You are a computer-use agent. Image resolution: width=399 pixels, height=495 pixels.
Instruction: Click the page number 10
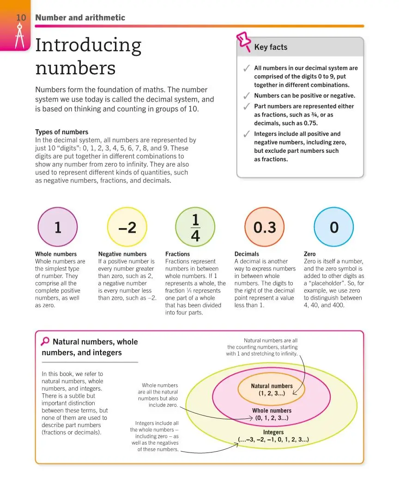pyautogui.click(x=21, y=18)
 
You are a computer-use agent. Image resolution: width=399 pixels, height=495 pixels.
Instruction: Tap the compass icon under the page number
pyautogui.click(x=20, y=36)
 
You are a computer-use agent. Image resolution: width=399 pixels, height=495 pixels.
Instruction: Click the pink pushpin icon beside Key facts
pyautogui.click(x=244, y=41)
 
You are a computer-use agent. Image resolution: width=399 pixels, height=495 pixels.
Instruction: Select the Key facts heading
pyautogui.click(x=271, y=47)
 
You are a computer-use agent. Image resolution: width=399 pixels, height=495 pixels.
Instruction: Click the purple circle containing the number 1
pyautogui.click(x=58, y=227)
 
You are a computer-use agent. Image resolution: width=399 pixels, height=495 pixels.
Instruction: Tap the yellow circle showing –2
pyautogui.click(x=127, y=227)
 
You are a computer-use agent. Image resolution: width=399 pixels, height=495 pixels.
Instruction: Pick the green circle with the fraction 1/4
pyautogui.click(x=195, y=227)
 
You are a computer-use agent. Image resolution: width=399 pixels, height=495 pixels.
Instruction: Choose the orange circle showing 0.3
pyautogui.click(x=265, y=227)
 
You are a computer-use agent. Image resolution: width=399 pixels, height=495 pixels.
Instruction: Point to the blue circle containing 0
pyautogui.click(x=334, y=227)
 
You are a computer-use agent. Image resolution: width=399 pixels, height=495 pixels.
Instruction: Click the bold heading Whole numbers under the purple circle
pyautogui.click(x=56, y=254)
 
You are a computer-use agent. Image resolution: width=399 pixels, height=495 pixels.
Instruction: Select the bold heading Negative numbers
pyautogui.click(x=122, y=254)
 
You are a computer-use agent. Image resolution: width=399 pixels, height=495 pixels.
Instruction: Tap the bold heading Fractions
pyautogui.click(x=178, y=254)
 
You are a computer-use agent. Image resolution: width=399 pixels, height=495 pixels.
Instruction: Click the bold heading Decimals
pyautogui.click(x=247, y=254)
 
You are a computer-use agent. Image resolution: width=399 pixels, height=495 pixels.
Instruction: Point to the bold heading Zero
pyautogui.click(x=310, y=254)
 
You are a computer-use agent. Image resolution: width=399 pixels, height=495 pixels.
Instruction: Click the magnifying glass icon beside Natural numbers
pyautogui.click(x=45, y=342)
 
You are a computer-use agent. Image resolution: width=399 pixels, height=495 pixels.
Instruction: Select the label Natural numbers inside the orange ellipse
pyautogui.click(x=272, y=386)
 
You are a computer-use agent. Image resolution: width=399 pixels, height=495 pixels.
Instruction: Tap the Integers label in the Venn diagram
pyautogui.click(x=273, y=432)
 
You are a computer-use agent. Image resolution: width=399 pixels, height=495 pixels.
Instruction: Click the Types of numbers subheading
pyautogui.click(x=61, y=132)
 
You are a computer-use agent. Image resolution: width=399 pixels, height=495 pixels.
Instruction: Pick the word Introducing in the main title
pyautogui.click(x=88, y=45)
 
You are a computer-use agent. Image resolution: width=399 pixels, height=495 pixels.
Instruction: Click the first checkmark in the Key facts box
pyautogui.click(x=247, y=68)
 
